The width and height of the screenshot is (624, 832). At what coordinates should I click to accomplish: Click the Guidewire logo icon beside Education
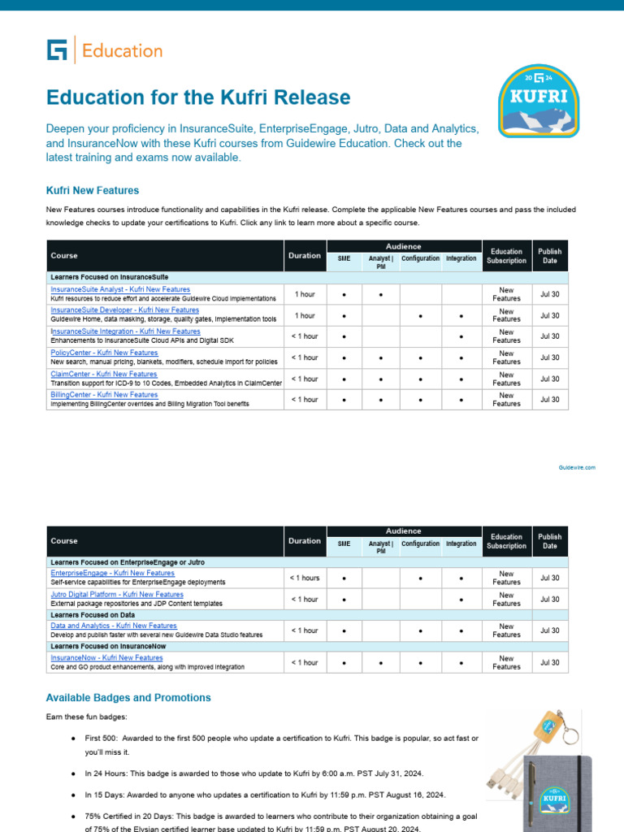coord(57,50)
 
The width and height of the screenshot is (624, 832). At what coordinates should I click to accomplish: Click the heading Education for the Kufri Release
coord(198,97)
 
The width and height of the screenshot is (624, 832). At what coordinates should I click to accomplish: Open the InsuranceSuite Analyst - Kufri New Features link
coord(120,289)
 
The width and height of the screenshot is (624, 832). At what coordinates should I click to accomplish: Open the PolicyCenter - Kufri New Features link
coord(104,353)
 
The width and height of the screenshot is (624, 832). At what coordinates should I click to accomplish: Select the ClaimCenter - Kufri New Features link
coord(104,374)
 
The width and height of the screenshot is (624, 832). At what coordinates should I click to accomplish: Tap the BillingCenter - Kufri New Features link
coord(104,395)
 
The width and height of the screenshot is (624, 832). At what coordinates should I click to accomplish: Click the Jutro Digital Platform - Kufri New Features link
coord(117,595)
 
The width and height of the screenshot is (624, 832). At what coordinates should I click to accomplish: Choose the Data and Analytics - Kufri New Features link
coord(114,626)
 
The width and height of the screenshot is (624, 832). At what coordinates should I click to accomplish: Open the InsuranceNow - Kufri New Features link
coord(106,657)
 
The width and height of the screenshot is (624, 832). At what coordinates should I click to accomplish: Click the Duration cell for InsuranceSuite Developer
coord(305,315)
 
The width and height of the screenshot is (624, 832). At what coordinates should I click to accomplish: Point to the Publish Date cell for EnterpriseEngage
coord(550,578)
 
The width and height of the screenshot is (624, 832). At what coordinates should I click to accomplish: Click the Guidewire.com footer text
coord(577,468)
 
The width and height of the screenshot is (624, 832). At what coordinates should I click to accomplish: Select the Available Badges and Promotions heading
coord(128,698)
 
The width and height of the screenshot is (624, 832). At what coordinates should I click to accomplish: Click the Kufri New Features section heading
coord(93,191)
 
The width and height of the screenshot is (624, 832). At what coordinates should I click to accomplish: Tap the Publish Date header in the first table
coord(550,256)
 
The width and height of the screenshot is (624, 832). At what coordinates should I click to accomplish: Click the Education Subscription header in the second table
coord(506,541)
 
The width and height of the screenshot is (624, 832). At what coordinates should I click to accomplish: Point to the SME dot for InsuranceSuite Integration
coord(344,336)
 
